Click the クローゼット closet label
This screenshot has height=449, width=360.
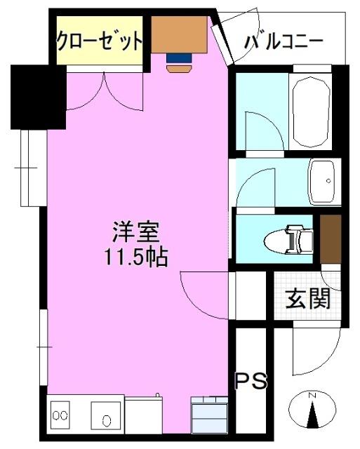pos(100,41)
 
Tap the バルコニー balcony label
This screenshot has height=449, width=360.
pos(284,41)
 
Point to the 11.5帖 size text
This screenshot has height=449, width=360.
pos(137,257)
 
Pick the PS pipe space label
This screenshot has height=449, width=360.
pos(251,381)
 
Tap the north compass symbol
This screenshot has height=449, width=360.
pos(313,413)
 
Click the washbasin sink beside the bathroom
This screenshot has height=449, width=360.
pos(324,181)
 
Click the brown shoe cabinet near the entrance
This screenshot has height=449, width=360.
pos(330,236)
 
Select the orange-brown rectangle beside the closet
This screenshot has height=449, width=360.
pos(180,34)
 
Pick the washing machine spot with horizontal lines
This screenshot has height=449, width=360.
pos(209,417)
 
